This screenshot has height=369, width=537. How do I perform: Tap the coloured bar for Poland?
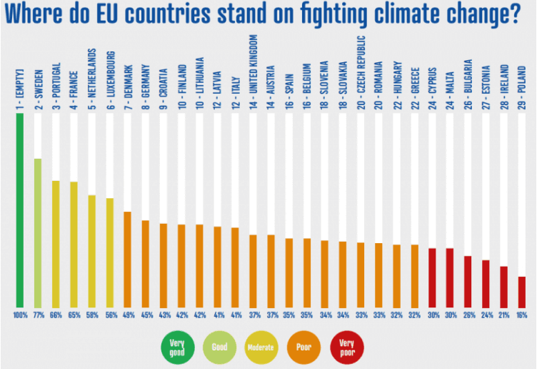[x=522, y=290]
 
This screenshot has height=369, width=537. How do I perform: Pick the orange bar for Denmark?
[x=127, y=258]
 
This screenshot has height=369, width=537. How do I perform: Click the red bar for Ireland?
[x=503, y=285]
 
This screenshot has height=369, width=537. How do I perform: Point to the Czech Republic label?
[x=361, y=67]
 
